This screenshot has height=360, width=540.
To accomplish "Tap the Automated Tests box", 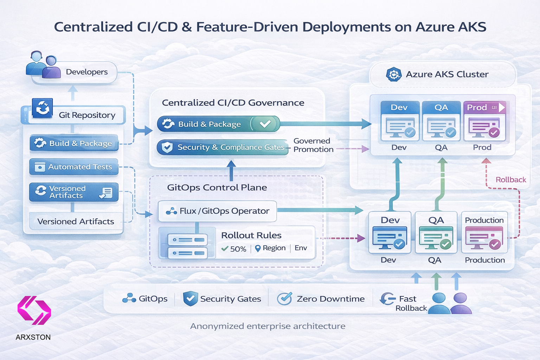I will point(74,167).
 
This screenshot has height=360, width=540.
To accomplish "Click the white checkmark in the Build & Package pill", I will point(265,124).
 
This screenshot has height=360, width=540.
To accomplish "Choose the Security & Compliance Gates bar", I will point(222,147).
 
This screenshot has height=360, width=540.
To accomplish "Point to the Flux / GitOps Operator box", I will point(217,211).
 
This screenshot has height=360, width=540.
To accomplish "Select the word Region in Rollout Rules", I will point(274,248).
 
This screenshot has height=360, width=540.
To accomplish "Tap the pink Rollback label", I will point(510,180).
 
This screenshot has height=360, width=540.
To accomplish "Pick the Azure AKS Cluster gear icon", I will point(393,75).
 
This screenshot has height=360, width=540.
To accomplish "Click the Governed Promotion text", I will point(313,145).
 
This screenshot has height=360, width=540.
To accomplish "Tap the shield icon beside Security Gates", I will point(190,298).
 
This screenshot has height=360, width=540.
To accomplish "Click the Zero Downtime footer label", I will point(330,299).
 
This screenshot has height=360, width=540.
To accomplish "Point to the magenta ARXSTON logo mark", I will point(34,310).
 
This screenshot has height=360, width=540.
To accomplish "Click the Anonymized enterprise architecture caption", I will point(268,326).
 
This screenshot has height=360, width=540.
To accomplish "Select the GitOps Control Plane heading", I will point(217,187).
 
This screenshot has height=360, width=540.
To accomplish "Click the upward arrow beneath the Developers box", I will point(73,93).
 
